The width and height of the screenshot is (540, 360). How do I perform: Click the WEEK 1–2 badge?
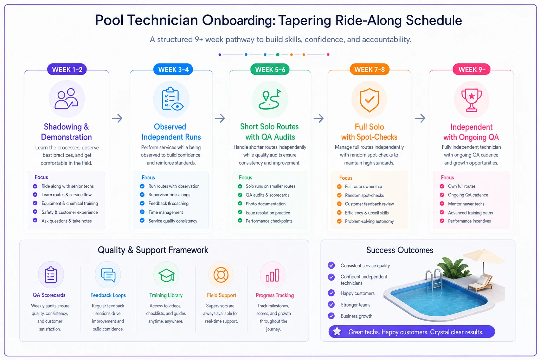(x=67, y=70)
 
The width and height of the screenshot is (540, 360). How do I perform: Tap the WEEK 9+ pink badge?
(x=471, y=70)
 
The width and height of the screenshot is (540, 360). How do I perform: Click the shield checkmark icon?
(x=369, y=100)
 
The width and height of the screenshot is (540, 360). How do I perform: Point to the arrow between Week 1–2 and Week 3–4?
(x=117, y=118)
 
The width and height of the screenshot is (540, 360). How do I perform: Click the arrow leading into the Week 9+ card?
(x=420, y=118)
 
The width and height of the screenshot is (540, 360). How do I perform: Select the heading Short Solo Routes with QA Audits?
(x=270, y=131)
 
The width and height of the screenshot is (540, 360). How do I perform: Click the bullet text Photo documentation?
(x=265, y=204)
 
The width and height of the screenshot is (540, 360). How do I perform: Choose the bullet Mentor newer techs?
(x=466, y=204)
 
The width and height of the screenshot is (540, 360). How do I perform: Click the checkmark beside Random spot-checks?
(x=339, y=195)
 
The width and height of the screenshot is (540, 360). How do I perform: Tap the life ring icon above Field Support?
(x=221, y=275)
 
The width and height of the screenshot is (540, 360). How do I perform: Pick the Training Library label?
(x=166, y=295)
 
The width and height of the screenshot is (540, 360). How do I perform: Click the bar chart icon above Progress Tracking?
(x=272, y=275)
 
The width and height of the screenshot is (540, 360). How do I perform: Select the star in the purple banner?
(x=337, y=332)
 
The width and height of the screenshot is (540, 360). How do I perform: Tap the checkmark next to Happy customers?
(x=331, y=293)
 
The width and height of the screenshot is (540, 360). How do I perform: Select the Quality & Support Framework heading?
(x=153, y=250)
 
